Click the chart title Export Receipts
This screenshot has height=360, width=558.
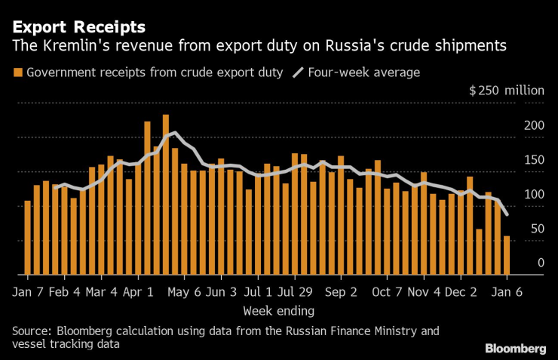(x=78, y=26)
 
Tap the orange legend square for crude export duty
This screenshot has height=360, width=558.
(x=17, y=72)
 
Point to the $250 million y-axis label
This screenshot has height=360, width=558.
(x=506, y=91)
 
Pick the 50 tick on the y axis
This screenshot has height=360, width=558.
(x=538, y=229)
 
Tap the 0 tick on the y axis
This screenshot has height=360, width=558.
(x=541, y=263)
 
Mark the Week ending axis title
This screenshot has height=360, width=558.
(x=278, y=310)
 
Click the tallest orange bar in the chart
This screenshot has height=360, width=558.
(x=166, y=194)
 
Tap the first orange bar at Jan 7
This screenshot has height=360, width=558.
(x=28, y=237)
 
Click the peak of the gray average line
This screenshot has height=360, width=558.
(x=175, y=133)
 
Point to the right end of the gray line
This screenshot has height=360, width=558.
(x=506, y=215)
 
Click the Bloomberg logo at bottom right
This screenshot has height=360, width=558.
(x=516, y=348)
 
